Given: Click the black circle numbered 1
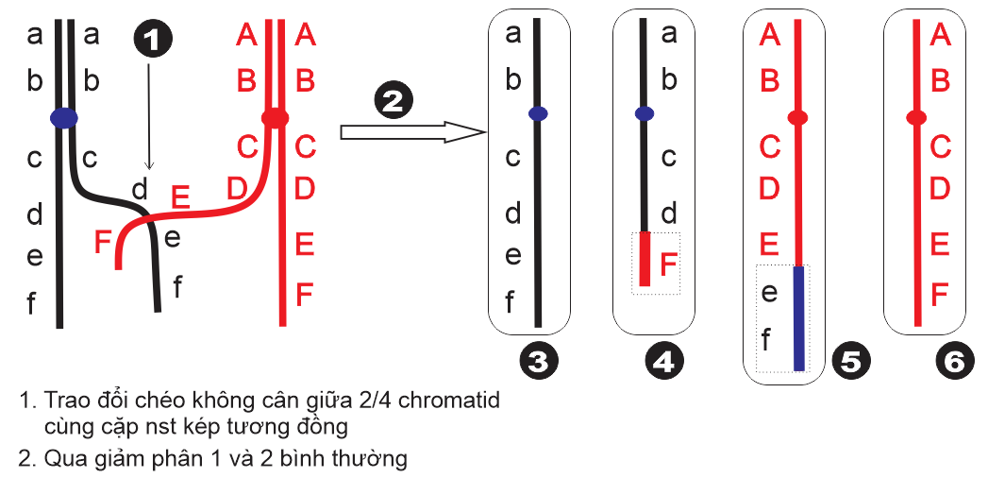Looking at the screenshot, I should click(x=154, y=41).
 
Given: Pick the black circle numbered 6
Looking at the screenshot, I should click(x=954, y=363).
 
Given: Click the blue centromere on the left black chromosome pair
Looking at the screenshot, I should click(x=63, y=118).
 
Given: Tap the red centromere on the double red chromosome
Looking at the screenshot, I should click(x=275, y=118).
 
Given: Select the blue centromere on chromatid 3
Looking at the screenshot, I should click(x=538, y=113).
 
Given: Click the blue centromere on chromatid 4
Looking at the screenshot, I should click(x=645, y=114).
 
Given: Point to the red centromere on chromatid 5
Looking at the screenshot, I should click(x=797, y=118).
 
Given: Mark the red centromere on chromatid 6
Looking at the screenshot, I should click(x=914, y=118).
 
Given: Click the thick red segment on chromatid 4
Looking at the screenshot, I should click(x=645, y=259).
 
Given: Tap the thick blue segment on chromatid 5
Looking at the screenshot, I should click(x=798, y=318).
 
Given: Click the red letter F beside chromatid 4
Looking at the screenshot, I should click(x=668, y=262).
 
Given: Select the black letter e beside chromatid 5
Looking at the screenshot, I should click(x=769, y=293).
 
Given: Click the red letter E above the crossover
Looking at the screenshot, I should click(x=180, y=197).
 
